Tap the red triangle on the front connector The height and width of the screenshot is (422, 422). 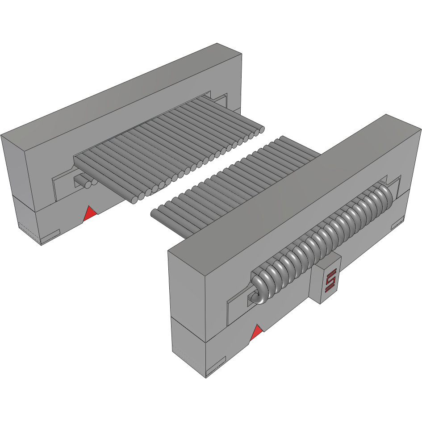point(256,333)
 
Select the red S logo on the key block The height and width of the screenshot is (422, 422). point(330,280)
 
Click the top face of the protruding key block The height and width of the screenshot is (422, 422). point(328,262)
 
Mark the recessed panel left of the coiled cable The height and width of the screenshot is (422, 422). point(237,308)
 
